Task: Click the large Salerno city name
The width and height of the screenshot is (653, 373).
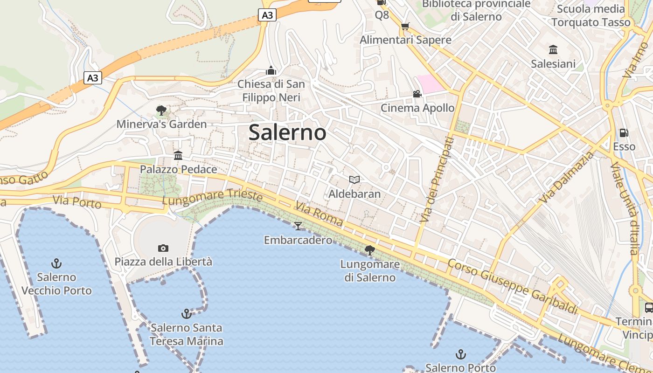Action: click(287, 132)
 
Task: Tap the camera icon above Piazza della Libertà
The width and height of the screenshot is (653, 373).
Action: click(163, 248)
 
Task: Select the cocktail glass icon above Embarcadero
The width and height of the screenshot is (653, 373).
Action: click(298, 226)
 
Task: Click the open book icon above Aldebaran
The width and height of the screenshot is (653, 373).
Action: click(354, 180)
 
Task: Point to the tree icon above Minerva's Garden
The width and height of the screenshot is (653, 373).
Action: click(161, 111)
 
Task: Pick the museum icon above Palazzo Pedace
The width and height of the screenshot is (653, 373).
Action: click(178, 155)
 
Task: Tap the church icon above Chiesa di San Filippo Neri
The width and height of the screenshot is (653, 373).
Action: click(271, 70)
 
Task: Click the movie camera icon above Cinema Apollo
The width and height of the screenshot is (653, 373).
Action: click(417, 94)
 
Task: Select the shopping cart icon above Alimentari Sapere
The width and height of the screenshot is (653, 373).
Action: click(405, 26)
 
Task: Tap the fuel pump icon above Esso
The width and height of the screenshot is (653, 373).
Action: click(624, 133)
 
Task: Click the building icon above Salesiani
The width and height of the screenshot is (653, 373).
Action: click(553, 49)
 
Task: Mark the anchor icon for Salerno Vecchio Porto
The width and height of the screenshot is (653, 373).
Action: click(56, 263)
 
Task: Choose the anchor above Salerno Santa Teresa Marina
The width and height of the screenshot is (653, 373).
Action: click(186, 313)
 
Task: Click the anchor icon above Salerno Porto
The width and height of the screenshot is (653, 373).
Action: click(460, 354)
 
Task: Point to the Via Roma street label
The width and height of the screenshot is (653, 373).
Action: click(319, 214)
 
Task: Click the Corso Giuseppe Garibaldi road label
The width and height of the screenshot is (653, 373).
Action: click(512, 287)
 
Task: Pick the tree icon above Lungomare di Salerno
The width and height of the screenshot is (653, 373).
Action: click(369, 250)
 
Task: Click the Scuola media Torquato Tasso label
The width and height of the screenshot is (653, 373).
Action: click(590, 15)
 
